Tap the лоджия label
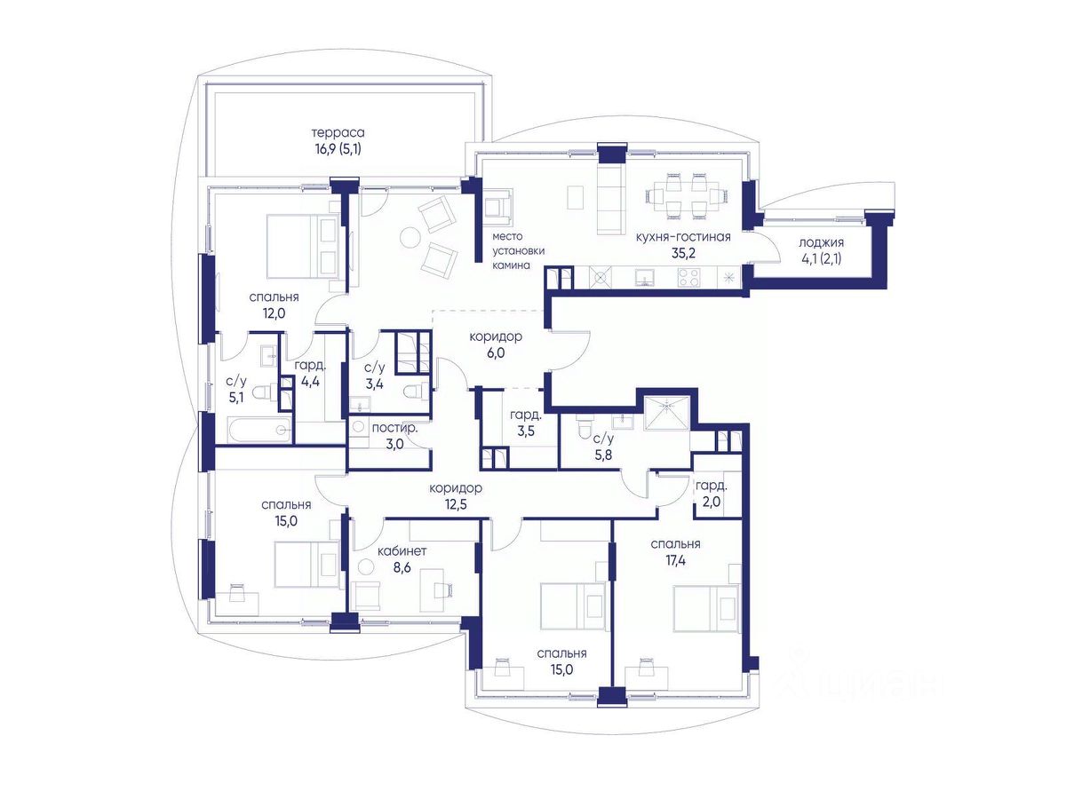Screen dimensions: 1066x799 tap(821, 242)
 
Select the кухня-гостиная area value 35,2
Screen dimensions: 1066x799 tap(683, 253)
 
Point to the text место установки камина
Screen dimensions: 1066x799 tap(518, 251)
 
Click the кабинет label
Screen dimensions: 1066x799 tap(402, 551)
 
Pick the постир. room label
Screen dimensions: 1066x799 tap(394, 429)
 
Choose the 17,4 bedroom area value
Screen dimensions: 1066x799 tap(675, 561)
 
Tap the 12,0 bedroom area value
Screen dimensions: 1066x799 tap(274, 313)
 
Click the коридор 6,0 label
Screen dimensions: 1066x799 tap(496, 344)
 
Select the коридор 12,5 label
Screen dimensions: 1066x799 tap(456, 495)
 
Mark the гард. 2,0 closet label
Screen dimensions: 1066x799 tap(712, 494)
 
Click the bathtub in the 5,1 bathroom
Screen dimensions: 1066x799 tap(259, 429)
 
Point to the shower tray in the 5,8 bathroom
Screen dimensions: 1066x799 tap(667, 413)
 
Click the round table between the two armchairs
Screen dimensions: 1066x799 tap(410, 238)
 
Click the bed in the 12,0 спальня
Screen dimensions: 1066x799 tap(303, 247)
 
